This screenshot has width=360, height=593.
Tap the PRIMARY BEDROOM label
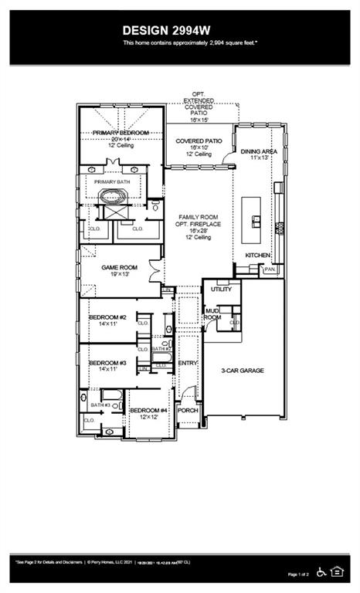(121, 133)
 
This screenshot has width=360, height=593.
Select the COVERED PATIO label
(200, 141)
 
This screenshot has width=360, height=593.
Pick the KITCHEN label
(258, 254)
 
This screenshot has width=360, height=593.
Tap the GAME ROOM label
(120, 267)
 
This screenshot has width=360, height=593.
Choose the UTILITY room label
(220, 289)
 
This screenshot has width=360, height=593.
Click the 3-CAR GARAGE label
(243, 371)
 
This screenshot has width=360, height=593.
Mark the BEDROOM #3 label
(107, 363)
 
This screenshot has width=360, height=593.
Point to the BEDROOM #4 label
(148, 410)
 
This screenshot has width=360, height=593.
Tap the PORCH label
(188, 410)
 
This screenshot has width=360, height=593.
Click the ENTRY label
(188, 363)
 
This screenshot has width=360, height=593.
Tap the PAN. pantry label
(269, 269)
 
